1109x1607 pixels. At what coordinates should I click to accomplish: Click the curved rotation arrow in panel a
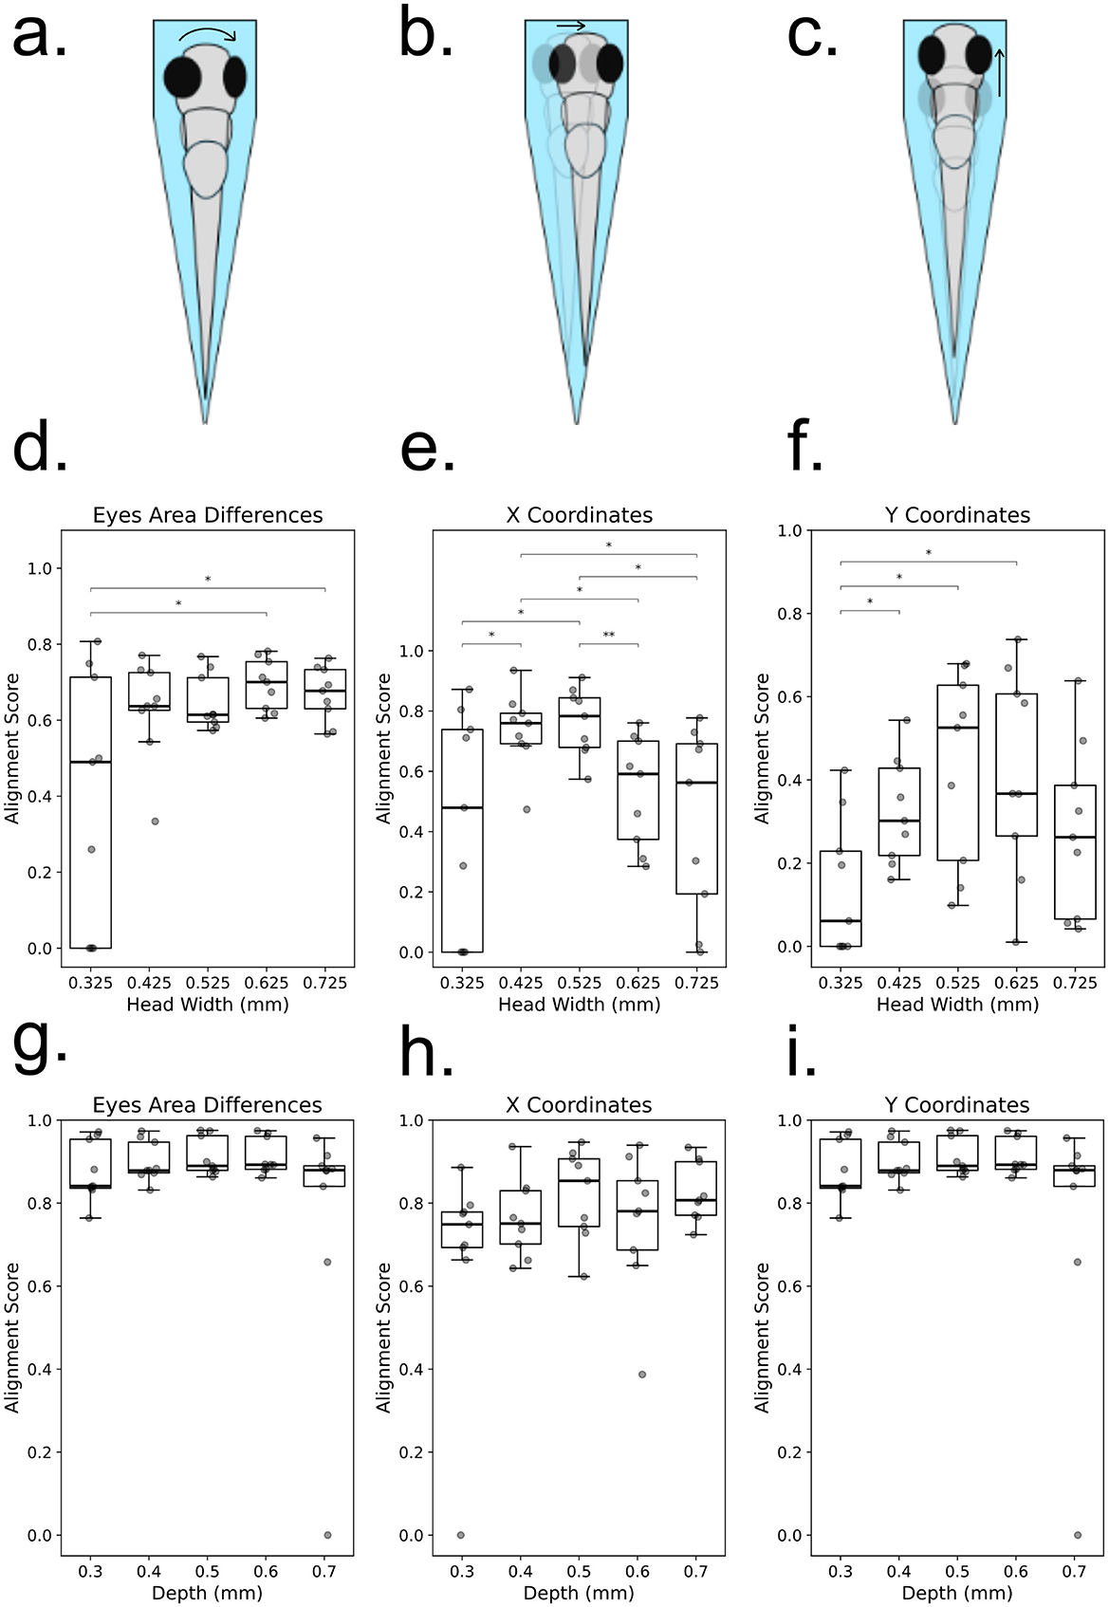pos(209,34)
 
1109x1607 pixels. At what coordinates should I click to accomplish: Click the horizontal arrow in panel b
pos(570,27)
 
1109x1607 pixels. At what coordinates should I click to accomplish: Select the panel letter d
pos(40,448)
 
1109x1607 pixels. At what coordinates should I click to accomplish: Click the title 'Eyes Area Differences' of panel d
pos(208,515)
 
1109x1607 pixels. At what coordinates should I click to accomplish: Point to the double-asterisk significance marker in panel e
pos(608,636)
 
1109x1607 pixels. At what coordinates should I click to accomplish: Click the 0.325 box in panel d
pos(91,812)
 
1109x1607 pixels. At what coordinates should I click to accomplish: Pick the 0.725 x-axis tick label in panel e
pos(696,983)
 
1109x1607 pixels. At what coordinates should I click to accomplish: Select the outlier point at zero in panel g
pos(327,1535)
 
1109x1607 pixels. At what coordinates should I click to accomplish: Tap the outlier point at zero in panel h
pos(461,1535)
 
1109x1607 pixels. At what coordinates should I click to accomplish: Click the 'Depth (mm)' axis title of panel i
pos(957,1594)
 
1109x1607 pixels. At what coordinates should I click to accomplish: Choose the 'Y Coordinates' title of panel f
pos(956,515)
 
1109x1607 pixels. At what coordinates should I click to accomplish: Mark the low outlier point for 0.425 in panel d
pos(154,822)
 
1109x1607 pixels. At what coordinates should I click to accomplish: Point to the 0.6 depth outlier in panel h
pos(642,1375)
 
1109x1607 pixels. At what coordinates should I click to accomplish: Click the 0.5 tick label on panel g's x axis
pos(208,1572)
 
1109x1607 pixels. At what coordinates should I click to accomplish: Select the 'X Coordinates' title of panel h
pos(580,1105)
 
